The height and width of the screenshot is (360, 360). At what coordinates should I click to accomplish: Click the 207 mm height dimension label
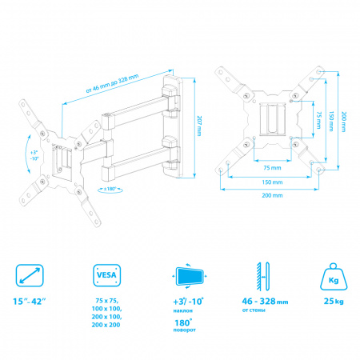[199, 126]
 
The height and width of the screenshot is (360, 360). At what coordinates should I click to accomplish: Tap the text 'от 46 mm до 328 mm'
[112, 83]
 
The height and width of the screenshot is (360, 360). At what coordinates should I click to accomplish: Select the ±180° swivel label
[110, 189]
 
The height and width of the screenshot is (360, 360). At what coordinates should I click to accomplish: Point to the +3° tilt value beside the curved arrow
[34, 153]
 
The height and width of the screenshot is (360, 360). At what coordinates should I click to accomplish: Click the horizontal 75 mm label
[272, 168]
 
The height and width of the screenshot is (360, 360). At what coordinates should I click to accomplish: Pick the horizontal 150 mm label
[272, 182]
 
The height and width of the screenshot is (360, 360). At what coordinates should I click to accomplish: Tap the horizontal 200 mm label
[272, 195]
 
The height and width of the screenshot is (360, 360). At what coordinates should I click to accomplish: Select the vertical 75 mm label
[318, 120]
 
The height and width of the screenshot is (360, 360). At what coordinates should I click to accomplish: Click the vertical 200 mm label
[344, 122]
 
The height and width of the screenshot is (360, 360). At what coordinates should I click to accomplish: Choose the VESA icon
[106, 275]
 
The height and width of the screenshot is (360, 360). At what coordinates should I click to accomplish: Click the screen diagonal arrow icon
[30, 275]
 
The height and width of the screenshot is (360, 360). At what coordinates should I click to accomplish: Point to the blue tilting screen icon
[190, 276]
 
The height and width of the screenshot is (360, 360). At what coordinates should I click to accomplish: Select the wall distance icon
[263, 276]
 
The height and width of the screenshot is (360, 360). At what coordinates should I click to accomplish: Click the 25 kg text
[334, 302]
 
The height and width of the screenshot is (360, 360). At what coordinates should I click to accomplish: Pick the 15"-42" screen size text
[30, 302]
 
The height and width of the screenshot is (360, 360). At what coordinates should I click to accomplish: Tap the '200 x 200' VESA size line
[106, 325]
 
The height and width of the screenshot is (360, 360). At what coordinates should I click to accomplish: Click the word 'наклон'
[183, 310]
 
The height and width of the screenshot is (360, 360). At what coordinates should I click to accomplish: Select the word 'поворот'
[185, 330]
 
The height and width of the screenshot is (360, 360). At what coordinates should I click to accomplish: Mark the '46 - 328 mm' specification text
[265, 302]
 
